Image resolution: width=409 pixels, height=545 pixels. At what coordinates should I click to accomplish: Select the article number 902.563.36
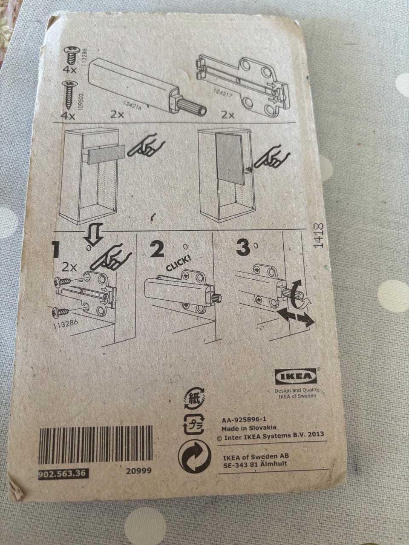[x=63, y=473]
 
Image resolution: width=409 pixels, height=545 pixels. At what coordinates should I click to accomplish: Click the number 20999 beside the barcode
[x=138, y=470]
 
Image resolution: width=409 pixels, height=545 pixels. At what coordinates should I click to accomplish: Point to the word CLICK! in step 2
[x=179, y=264]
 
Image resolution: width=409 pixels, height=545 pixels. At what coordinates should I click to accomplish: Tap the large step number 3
[x=243, y=249]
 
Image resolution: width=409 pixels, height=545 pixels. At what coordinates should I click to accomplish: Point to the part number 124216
[x=132, y=106]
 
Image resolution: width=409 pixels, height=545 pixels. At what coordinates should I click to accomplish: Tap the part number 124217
[x=222, y=94]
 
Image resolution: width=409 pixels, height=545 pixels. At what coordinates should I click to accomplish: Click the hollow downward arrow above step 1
[x=94, y=233]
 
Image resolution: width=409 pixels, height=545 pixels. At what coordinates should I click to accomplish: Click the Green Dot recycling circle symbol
[x=195, y=457]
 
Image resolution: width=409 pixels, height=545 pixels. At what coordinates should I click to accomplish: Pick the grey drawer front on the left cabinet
[x=106, y=155]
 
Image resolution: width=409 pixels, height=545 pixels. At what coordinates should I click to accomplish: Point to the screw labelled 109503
[x=68, y=95]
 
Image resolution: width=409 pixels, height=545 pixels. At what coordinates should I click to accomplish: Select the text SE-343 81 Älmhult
[x=255, y=464]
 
